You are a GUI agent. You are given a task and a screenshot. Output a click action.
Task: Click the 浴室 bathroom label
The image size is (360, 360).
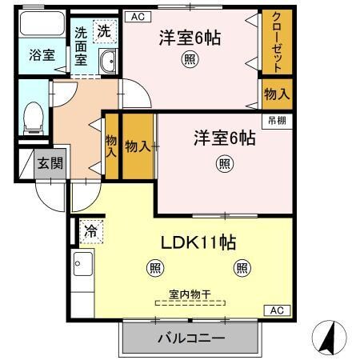(42, 55)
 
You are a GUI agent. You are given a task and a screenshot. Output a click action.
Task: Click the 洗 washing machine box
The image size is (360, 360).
(104, 31)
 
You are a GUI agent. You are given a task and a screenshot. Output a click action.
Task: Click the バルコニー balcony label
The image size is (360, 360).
(190, 338)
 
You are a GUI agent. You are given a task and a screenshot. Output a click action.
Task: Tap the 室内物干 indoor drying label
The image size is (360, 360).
(190, 294)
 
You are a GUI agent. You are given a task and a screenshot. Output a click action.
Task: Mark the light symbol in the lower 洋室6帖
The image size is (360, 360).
(225, 164)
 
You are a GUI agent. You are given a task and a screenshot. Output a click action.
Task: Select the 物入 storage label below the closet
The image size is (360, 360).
(276, 94)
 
